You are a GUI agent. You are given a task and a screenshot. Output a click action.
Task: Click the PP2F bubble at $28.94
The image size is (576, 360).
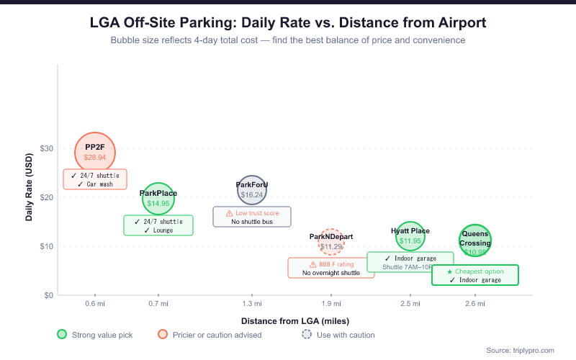click(x=95, y=152)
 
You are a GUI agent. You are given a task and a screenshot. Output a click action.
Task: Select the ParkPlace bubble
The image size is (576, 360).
click(x=158, y=199)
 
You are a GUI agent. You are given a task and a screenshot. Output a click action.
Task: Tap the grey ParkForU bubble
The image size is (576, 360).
click(x=252, y=190)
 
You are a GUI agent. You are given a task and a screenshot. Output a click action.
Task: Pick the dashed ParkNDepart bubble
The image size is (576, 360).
click(x=331, y=243)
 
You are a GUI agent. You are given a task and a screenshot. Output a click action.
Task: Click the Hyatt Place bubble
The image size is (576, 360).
click(x=410, y=236)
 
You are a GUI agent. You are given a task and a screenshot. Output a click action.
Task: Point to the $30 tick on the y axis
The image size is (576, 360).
click(x=46, y=148)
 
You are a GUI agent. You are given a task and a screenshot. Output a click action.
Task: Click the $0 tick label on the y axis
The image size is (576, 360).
click(x=48, y=295)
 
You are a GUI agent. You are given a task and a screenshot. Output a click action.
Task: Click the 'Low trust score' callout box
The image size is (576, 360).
click(x=252, y=217)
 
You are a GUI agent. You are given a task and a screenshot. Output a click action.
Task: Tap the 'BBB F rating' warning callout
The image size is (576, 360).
click(x=331, y=268)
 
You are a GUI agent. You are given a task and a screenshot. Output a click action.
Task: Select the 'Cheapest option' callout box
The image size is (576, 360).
click(x=475, y=275)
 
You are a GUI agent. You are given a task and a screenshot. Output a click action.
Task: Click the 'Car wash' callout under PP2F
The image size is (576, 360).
click(x=95, y=184)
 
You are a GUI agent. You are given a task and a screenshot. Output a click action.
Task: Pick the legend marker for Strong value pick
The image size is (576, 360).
click(x=62, y=334)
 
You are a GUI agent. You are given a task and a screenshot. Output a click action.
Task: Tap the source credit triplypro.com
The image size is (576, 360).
click(x=520, y=350)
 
